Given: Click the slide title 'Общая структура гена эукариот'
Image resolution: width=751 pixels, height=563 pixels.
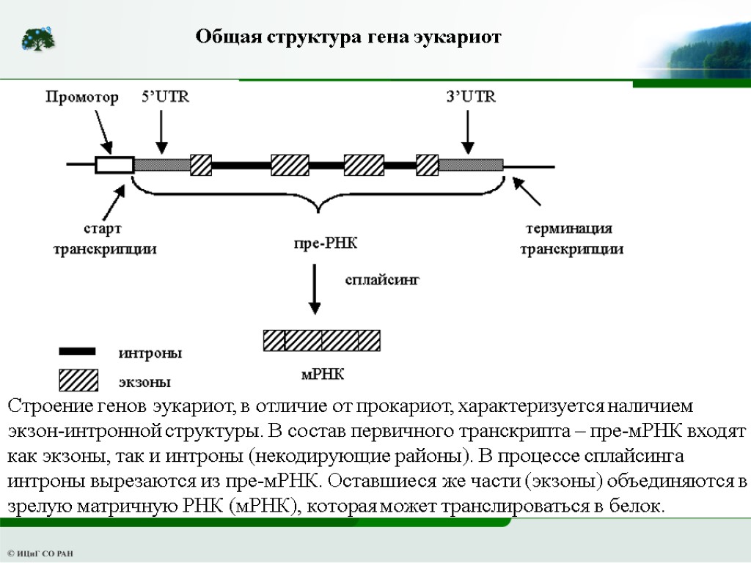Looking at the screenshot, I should point(348,37).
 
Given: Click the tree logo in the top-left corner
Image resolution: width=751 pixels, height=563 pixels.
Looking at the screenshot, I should point(37,39).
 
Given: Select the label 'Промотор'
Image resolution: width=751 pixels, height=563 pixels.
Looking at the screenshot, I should point(82,98).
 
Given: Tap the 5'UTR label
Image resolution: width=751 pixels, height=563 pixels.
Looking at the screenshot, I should point(165,97).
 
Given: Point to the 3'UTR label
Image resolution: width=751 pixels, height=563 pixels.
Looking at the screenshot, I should point(470,97).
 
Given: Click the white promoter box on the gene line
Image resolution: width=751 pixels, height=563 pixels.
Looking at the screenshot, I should point(114,165).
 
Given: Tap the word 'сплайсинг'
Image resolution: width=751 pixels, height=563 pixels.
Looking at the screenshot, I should point(382,279).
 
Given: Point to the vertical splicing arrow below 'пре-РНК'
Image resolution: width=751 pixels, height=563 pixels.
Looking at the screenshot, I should point(315,290).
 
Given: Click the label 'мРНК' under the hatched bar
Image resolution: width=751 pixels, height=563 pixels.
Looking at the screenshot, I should point(323,375).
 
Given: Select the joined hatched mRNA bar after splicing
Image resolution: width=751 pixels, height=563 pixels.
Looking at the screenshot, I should point(322,340).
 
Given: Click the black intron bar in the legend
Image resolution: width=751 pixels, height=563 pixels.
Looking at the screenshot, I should point(77,352).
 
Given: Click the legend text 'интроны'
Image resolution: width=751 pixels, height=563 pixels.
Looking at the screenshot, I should point(150,353).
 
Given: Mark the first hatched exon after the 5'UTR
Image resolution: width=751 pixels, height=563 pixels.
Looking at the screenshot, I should point(201,165).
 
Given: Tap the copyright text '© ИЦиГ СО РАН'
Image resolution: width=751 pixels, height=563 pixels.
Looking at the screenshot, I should point(40,553).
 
